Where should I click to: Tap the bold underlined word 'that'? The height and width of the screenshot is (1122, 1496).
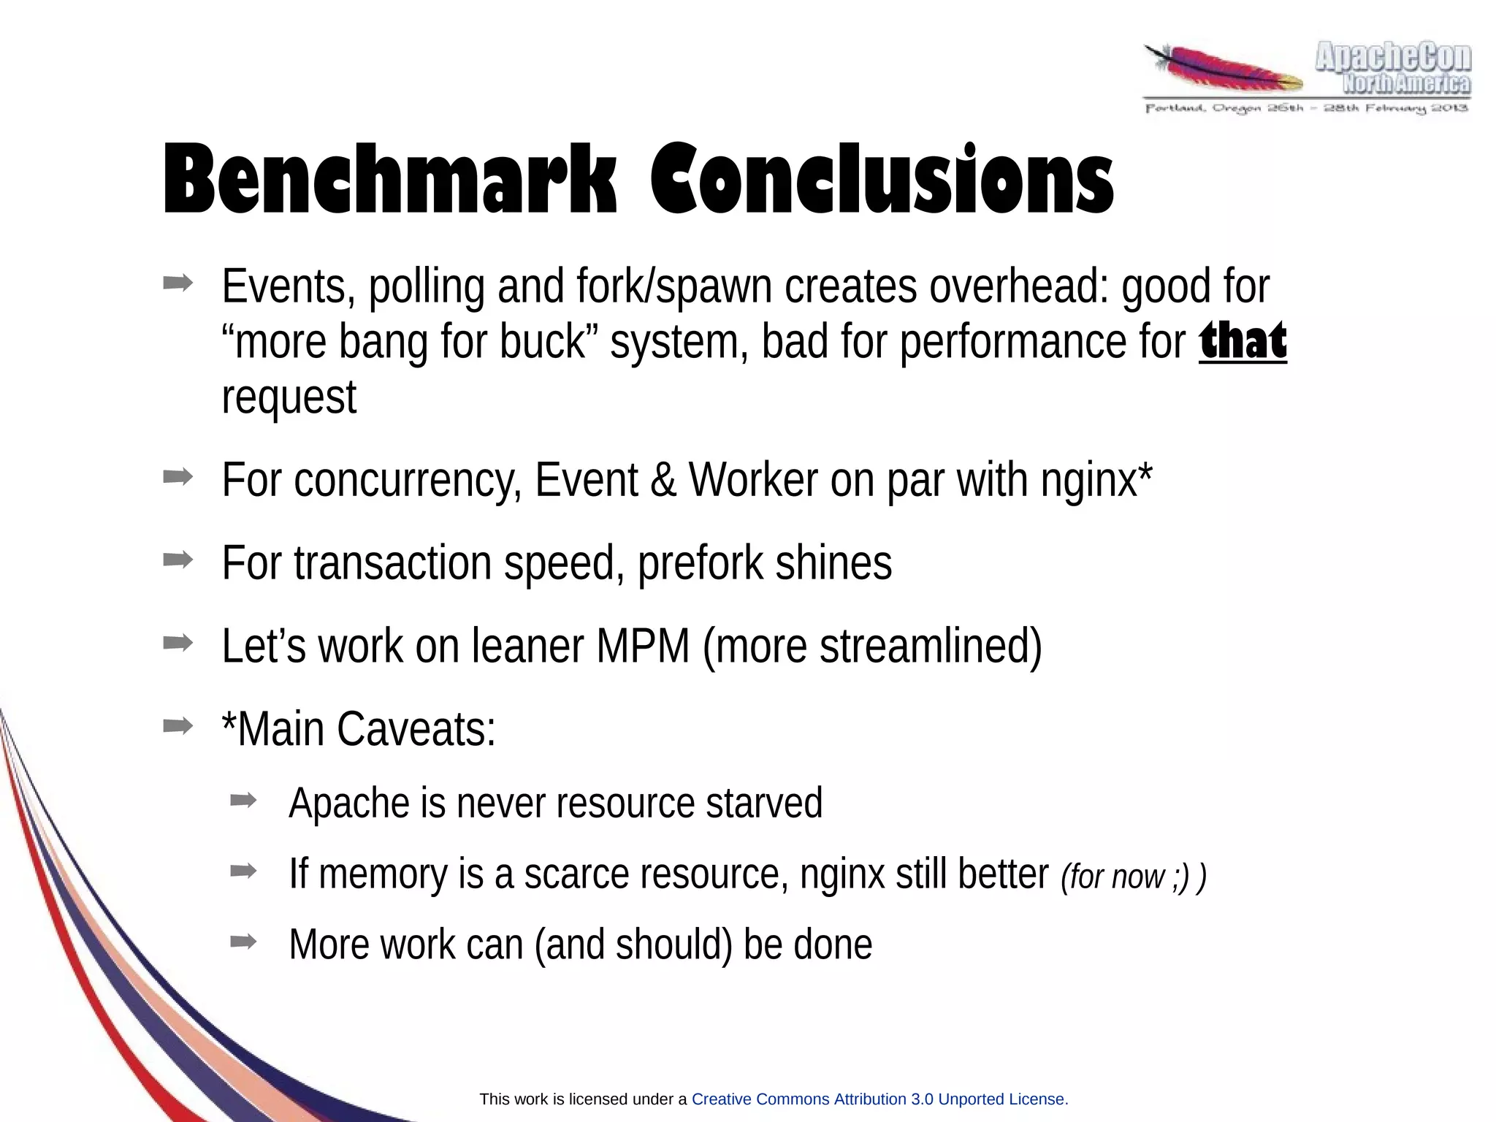[x=1243, y=341]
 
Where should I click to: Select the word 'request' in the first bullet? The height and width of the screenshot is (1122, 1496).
[x=289, y=398]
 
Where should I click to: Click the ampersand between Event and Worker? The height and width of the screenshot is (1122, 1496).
[x=663, y=481]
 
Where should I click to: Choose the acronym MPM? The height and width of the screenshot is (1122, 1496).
[x=643, y=646]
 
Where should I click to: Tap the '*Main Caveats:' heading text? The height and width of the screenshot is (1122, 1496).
[x=359, y=729]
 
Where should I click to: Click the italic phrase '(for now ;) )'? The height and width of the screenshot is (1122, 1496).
[x=1133, y=876]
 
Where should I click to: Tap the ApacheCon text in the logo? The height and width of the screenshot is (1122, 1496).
[x=1392, y=57]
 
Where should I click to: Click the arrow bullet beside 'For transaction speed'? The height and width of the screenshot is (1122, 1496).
[x=178, y=560]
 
